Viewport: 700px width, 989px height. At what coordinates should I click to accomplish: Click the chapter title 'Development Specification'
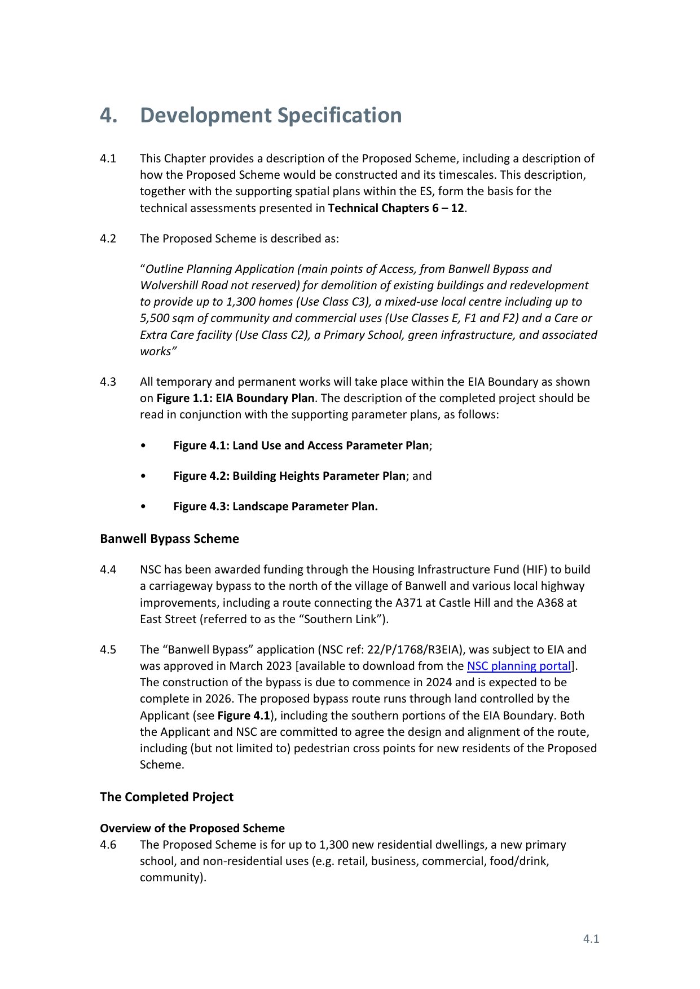(x=271, y=115)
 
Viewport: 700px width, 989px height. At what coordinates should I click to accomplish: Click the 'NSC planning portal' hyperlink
(x=518, y=666)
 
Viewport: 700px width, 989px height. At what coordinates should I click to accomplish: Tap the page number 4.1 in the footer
(x=591, y=938)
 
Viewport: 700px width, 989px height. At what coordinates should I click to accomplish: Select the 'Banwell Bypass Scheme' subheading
(x=169, y=538)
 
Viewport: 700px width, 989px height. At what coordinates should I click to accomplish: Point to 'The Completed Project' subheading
(x=166, y=797)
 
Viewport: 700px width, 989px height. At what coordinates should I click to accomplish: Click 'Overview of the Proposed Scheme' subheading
(x=192, y=828)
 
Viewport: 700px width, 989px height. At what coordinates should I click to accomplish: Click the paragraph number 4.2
(x=108, y=239)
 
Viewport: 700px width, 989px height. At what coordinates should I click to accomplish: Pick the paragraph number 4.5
(x=108, y=650)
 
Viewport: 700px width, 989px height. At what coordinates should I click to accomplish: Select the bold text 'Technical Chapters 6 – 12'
(x=395, y=208)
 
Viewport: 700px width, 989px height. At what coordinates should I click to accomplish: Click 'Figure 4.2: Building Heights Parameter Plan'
(x=289, y=476)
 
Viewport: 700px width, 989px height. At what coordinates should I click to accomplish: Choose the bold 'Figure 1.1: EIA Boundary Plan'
(x=235, y=398)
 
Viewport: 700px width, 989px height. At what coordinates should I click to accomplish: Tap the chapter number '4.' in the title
(x=109, y=115)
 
